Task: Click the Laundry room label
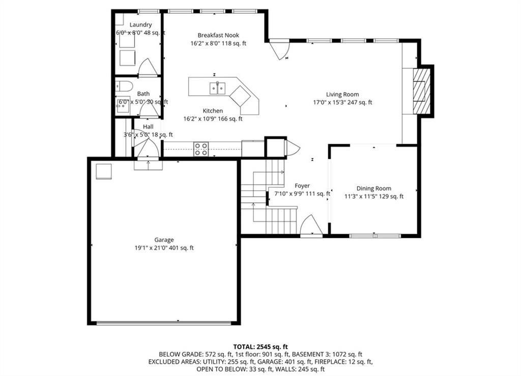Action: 140,24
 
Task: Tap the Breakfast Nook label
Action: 218,35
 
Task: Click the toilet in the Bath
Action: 124,86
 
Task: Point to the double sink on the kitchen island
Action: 217,88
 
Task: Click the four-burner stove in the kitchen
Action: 201,149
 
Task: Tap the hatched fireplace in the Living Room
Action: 421,91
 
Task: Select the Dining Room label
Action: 374,189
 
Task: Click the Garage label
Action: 164,240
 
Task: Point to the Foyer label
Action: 302,185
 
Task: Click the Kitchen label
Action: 213,111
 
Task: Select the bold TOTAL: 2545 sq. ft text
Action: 260,347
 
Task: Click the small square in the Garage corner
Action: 104,171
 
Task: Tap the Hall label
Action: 148,127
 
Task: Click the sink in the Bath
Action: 123,105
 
